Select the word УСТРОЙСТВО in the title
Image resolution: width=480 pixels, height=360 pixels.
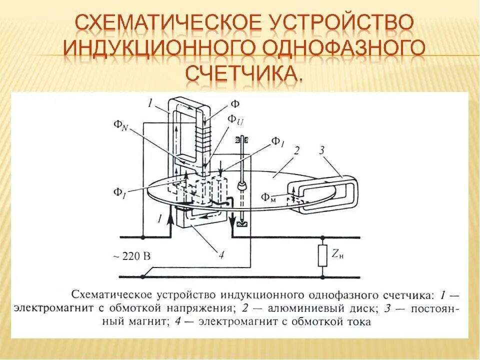click(341, 22)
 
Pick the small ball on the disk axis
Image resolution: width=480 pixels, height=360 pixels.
click(240, 186)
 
